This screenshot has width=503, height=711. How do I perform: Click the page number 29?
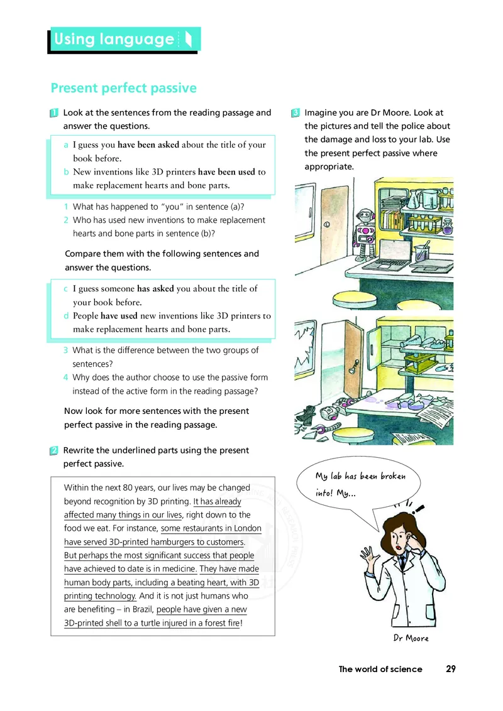tap(450, 669)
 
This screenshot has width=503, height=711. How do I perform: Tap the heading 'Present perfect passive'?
tap(123, 88)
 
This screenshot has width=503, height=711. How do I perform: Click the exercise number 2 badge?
tap(55, 450)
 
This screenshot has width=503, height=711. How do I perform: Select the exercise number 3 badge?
tap(296, 113)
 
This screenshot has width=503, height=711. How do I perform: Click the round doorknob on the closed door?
tap(326, 224)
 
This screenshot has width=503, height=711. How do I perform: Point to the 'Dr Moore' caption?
tap(411, 638)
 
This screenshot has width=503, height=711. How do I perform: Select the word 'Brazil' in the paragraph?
tap(138, 609)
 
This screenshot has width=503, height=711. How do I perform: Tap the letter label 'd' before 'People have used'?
tap(67, 316)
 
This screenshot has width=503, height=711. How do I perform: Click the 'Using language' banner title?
tap(114, 40)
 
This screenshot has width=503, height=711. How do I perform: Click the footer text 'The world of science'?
tap(380, 669)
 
